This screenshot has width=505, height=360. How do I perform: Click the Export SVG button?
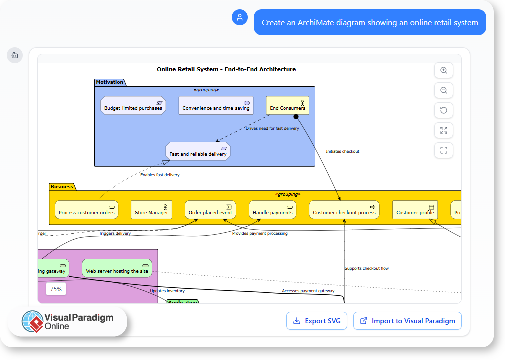point(317,321)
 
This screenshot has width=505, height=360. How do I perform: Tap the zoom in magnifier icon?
point(443,71)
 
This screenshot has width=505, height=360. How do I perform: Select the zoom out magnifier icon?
point(443,91)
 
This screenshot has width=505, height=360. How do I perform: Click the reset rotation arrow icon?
point(443,111)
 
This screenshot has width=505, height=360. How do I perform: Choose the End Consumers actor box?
point(287,105)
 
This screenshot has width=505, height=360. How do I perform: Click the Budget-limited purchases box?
point(133,106)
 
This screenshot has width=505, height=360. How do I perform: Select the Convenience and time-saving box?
point(216,106)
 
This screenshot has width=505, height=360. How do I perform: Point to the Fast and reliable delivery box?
point(198,152)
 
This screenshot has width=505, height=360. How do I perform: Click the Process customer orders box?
point(86,210)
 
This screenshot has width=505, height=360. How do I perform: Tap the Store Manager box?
point(151,210)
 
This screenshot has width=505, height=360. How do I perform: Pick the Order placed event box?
point(210,210)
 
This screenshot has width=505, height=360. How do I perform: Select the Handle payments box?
point(272,210)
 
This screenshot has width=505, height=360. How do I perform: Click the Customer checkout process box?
point(344,210)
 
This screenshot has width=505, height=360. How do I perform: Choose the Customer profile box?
point(415,210)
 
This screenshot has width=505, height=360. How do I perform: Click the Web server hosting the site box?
point(117,268)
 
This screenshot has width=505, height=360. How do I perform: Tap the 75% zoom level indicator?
point(56,289)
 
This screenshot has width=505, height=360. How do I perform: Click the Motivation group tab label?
point(110,82)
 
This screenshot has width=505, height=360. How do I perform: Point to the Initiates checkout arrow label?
point(342,151)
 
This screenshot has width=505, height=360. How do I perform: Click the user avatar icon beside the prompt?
point(240,17)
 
